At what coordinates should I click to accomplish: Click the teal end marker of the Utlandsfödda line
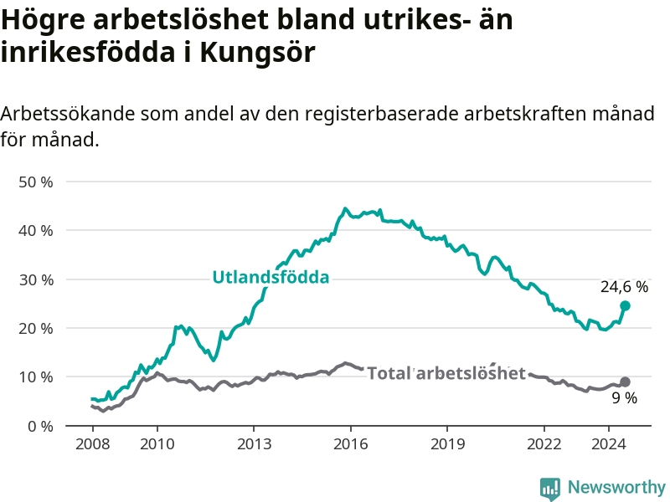point(625,305)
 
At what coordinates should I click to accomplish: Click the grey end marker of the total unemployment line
point(625,382)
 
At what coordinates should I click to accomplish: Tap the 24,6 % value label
point(624,287)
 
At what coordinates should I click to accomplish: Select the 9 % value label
point(624,398)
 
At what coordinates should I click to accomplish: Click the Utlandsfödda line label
point(271,278)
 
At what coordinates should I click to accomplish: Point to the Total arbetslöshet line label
point(446,373)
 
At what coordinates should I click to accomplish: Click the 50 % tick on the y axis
point(36,182)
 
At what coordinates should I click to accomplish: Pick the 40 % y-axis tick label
point(36,231)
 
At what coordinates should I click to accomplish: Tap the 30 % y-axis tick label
point(36,280)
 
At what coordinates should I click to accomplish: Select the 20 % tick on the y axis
point(36,329)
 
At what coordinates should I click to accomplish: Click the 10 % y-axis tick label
point(36,377)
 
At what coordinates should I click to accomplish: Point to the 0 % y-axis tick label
point(40,427)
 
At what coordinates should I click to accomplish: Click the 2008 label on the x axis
point(92,444)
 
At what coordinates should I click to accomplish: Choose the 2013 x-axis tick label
point(255,444)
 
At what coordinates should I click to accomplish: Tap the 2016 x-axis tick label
point(350,444)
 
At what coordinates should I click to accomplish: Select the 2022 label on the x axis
point(544,444)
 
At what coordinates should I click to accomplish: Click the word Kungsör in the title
point(258,53)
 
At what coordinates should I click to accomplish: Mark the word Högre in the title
point(43,20)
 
